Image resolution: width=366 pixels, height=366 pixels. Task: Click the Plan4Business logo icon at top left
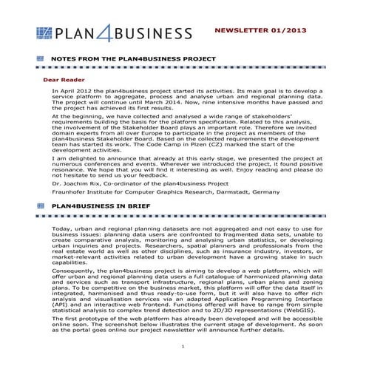point(45,33)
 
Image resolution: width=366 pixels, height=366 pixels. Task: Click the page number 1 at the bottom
point(182,346)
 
